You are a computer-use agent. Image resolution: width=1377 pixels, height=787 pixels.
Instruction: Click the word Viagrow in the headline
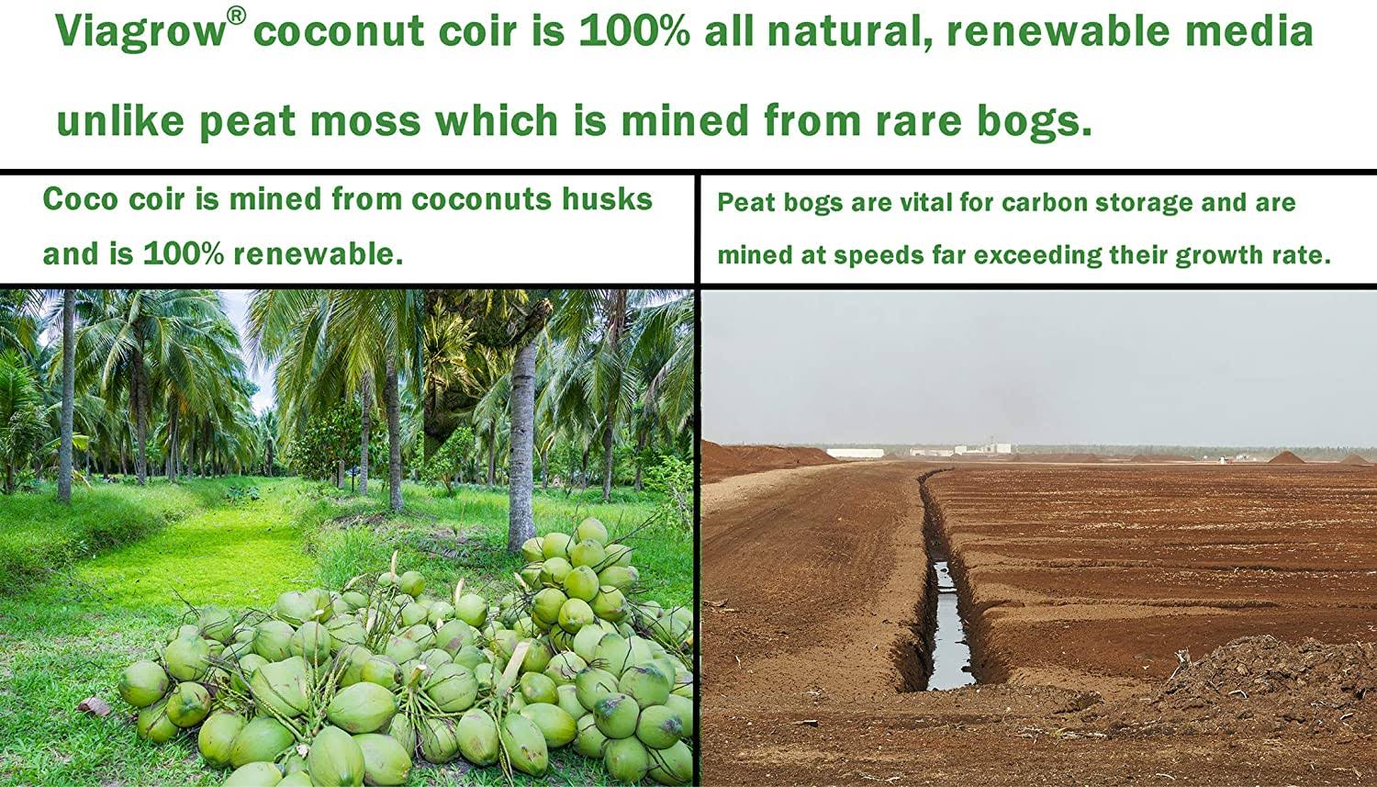coord(140,30)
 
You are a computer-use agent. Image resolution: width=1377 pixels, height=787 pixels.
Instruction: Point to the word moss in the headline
coord(365,121)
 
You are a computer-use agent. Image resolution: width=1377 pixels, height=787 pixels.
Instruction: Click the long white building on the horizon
coord(855,453)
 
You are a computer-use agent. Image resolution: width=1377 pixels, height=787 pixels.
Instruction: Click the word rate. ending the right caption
coord(1302,255)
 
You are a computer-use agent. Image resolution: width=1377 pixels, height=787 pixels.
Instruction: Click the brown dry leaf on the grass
coord(94,706)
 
